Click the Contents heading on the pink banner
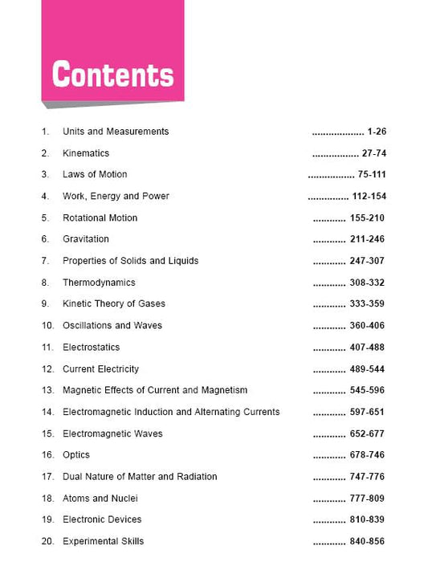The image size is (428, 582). (112, 75)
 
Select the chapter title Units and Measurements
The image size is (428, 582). (116, 132)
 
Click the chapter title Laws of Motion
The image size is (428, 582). (95, 175)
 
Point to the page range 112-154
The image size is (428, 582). (369, 197)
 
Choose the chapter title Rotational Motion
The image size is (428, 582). (100, 218)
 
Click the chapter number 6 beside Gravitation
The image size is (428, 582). (45, 239)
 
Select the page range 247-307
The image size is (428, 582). (367, 261)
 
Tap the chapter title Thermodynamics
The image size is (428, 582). (99, 283)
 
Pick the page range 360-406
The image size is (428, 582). (367, 326)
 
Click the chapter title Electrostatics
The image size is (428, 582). (91, 348)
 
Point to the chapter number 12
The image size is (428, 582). (47, 369)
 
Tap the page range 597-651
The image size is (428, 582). (367, 412)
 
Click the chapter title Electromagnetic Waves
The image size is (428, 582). (112, 433)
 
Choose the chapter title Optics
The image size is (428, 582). (76, 455)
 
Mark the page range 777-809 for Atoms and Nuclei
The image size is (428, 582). (367, 499)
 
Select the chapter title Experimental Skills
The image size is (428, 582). (103, 542)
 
